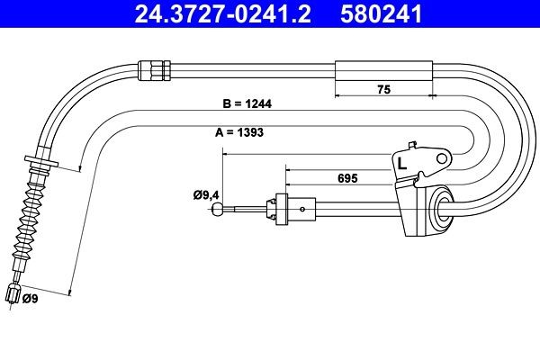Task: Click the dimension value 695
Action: (x=348, y=178)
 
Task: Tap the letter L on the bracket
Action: (x=401, y=165)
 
